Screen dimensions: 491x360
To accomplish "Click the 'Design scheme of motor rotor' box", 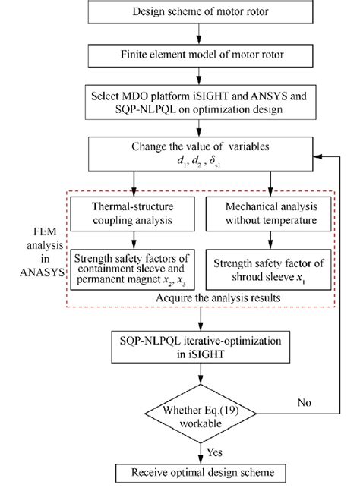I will point(201,12).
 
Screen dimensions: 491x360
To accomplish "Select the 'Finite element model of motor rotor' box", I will point(201,55).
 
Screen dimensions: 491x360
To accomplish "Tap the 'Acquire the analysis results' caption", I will point(201,299).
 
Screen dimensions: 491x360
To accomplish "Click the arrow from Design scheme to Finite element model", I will point(201,33).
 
